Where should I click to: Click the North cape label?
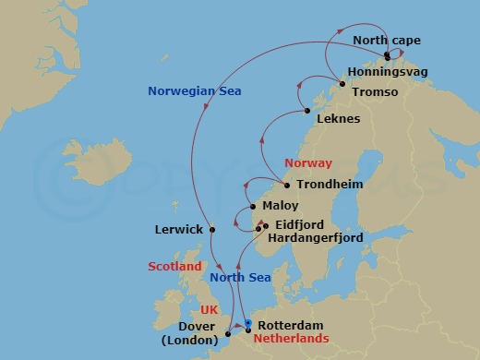coord(388,42)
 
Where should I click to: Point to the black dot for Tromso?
coord(342,85)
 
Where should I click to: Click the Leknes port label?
coord(338,119)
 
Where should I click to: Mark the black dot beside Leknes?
coord(307,112)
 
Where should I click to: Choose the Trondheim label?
coord(330,185)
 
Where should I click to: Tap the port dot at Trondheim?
coord(288,185)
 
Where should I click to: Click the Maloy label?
coord(281,206)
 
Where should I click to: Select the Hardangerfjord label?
coord(314,238)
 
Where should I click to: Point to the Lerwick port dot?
coord(211,229)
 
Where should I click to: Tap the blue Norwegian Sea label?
coord(188,90)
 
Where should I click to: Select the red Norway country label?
coord(308,162)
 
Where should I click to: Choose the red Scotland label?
coord(174,267)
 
